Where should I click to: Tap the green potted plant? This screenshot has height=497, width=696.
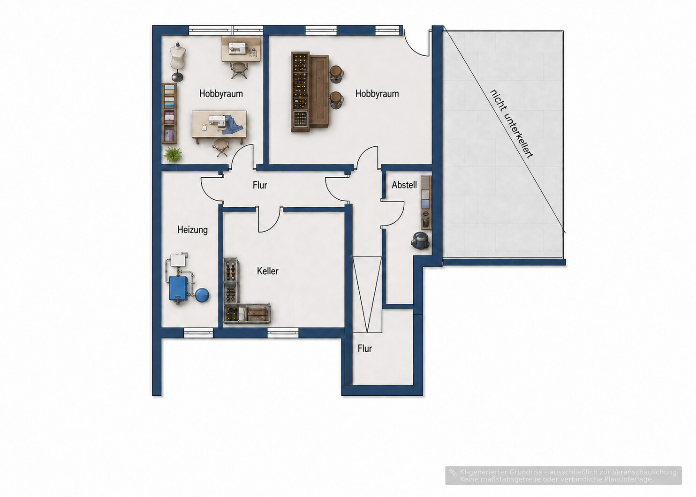coord(173,154)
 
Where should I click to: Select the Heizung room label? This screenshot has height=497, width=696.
coord(192,230)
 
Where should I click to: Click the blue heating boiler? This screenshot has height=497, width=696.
coord(178,289)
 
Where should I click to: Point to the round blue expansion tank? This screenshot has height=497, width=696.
coord(202,294)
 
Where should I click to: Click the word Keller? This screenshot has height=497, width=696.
coord(267,271)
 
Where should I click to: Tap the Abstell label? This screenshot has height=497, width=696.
coord(404,185)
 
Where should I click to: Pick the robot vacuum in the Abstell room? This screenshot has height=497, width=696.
coord(421,240)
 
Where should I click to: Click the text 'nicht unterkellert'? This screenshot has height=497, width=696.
coord(511,124)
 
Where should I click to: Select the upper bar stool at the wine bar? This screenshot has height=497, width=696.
coord(336,74)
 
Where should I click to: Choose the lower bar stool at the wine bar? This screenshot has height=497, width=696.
coord(336,100)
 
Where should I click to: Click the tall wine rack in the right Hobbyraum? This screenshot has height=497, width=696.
coord(300,92)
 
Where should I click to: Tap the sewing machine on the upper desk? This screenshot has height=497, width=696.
coord(238,48)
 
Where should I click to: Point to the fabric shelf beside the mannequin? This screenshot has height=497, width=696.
coord(169,113)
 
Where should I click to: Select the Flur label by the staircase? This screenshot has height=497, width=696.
coord(365,348)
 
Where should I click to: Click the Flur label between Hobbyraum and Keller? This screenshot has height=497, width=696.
coord(260,185)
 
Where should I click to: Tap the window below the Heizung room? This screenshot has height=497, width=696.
coord(198,333)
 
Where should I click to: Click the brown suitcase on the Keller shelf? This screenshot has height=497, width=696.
coord(257,314)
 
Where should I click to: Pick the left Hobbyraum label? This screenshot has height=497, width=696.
coord(221,93)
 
